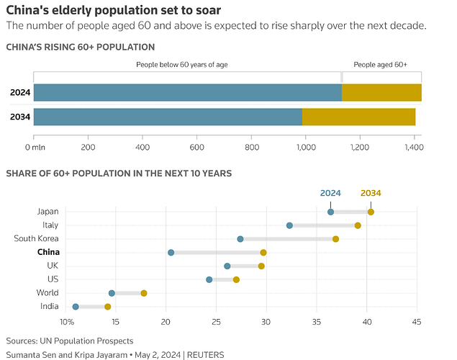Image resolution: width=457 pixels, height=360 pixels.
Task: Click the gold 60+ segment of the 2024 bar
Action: pyautogui.click(x=381, y=92)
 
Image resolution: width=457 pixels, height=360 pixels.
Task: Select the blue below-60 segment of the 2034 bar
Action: pyautogui.click(x=168, y=117)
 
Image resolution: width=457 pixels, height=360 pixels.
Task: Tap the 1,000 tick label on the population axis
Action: pyautogui.click(x=306, y=147)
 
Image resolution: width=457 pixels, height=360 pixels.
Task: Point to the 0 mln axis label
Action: pyautogui.click(x=35, y=147)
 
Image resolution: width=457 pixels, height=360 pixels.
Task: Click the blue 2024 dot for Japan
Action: pyautogui.click(x=330, y=212)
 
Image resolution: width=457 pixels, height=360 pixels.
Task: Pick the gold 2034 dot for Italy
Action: pyautogui.click(x=358, y=225)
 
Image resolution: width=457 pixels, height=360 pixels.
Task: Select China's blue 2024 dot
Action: pyautogui.click(x=171, y=253)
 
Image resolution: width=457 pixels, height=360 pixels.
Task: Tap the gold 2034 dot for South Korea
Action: pyautogui.click(x=335, y=239)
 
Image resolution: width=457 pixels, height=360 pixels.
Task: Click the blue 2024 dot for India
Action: pyautogui.click(x=76, y=307)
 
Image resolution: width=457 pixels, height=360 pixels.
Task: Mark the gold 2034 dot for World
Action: pyautogui.click(x=144, y=293)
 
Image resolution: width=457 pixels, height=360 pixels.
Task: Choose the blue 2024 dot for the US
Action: pyautogui.click(x=209, y=279)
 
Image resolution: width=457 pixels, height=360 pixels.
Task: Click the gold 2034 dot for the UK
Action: pyautogui.click(x=261, y=266)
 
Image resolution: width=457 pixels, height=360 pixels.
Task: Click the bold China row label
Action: pyautogui.click(x=48, y=252)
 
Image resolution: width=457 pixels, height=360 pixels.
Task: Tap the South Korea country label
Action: pyautogui.click(x=36, y=238)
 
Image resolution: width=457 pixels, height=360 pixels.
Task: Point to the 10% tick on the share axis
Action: pyautogui.click(x=66, y=322)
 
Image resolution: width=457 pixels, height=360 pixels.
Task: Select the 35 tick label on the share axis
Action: pyautogui.click(x=316, y=322)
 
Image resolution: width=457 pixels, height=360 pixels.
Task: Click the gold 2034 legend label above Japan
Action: pyautogui.click(x=371, y=193)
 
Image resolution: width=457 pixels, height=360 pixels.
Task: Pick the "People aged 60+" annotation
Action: pyautogui.click(x=380, y=64)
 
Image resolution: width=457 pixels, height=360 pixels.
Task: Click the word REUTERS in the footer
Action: pyautogui.click(x=206, y=355)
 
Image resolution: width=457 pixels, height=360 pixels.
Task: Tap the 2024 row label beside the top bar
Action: pyautogui.click(x=20, y=92)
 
